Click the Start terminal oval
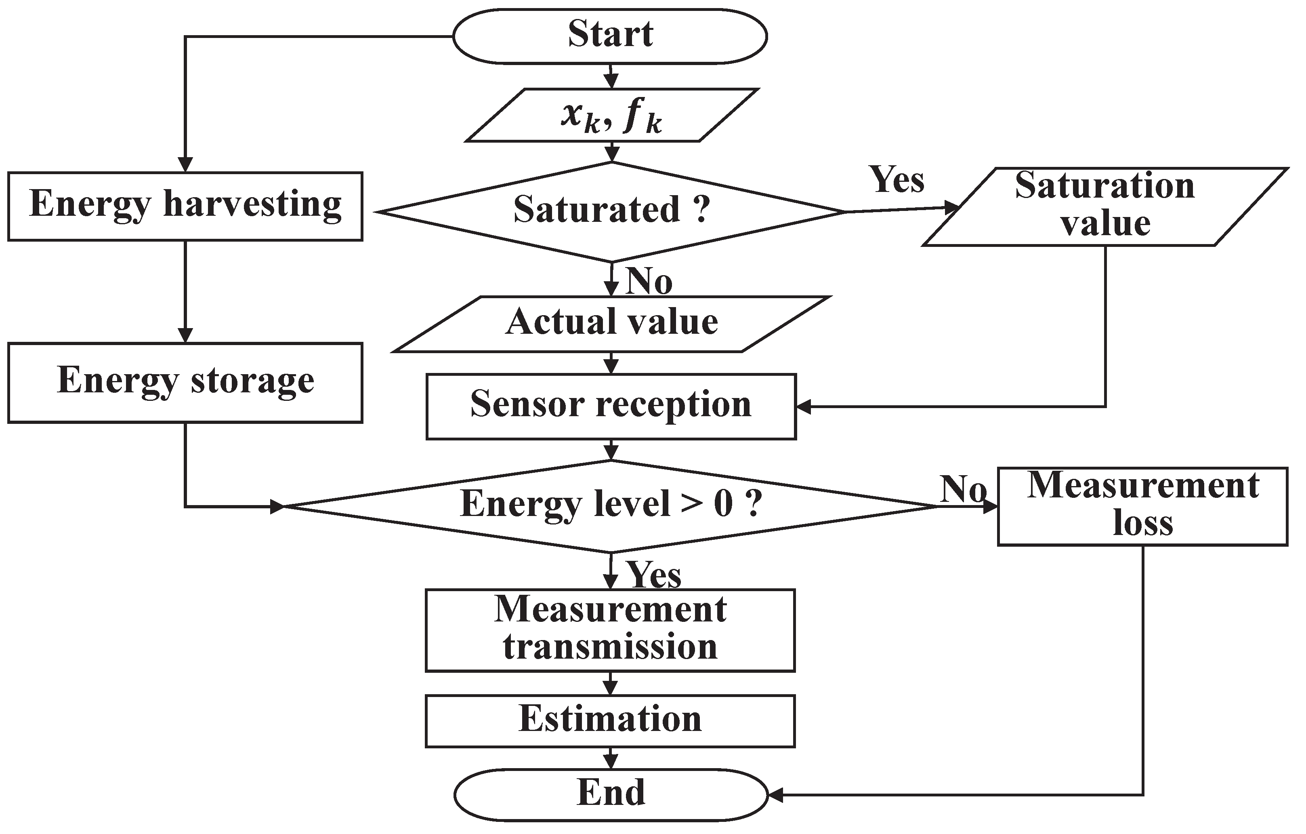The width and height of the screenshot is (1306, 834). click(610, 36)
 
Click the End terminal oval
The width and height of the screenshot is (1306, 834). click(611, 794)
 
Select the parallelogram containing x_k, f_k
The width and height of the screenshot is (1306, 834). click(611, 116)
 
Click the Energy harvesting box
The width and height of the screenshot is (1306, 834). click(185, 206)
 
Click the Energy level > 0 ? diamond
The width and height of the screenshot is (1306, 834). click(611, 506)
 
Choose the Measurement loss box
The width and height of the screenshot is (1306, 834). click(1142, 506)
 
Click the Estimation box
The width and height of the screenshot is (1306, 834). click(610, 720)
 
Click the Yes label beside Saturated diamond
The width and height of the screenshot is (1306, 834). click(897, 180)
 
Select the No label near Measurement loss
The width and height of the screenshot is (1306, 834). click(963, 489)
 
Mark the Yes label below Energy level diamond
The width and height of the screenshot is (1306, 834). click(654, 575)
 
